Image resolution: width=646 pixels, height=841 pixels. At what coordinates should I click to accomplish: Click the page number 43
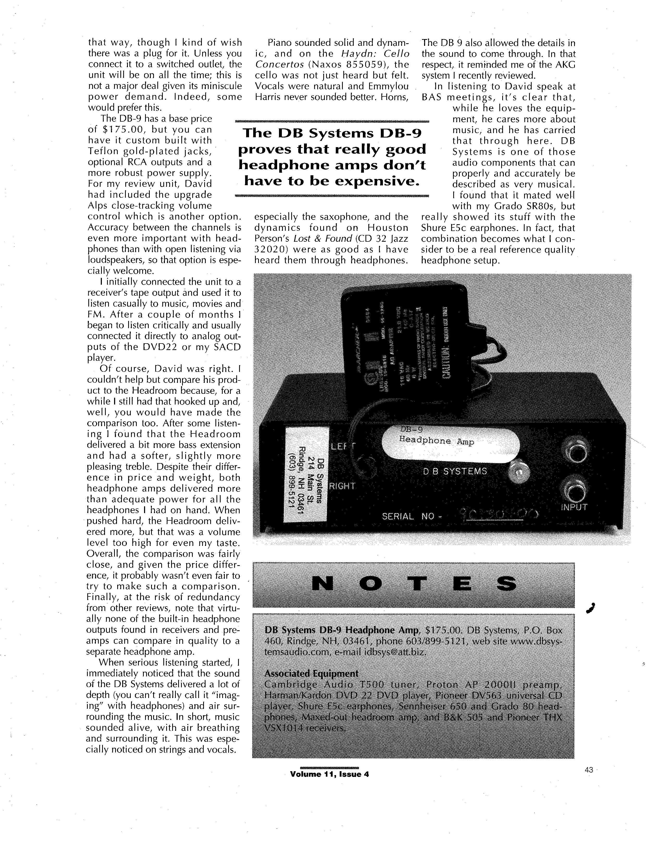pos(589,770)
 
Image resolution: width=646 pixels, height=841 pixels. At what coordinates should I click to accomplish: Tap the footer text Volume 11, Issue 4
pos(330,774)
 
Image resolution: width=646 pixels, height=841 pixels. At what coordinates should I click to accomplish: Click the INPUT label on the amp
pos(574,507)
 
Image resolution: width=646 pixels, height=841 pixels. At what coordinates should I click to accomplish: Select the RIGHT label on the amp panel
pos(342,486)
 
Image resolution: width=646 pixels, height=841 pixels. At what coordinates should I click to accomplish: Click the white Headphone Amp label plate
pos(450,444)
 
